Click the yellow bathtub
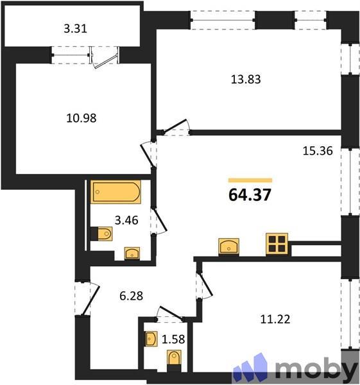[x=116, y=192]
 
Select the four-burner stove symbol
[x=277, y=245]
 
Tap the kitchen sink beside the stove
[x=230, y=246]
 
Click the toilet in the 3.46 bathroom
[x=101, y=234]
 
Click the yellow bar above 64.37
[x=250, y=180]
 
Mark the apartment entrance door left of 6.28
[x=82, y=299]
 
